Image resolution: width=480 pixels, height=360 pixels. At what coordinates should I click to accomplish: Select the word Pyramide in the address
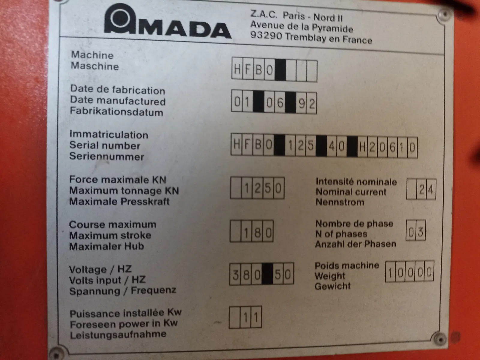[x=332, y=28]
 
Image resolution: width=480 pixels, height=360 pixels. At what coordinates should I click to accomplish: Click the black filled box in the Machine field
[x=280, y=70]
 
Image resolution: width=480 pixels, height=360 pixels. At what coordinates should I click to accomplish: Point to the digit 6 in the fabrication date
[x=280, y=103]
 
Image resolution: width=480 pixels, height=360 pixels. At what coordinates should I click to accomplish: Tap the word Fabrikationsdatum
[x=117, y=112]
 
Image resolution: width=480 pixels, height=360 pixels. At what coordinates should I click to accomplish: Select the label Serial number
[x=105, y=145]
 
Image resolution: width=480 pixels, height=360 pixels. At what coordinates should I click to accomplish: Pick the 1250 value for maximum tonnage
[x=262, y=188]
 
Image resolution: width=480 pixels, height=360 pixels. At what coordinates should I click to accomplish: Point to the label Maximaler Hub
[x=106, y=246]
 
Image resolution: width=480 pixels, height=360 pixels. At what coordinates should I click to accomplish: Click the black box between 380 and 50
[x=267, y=274]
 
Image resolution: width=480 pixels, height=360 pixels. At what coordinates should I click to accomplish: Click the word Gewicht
[x=333, y=286]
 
